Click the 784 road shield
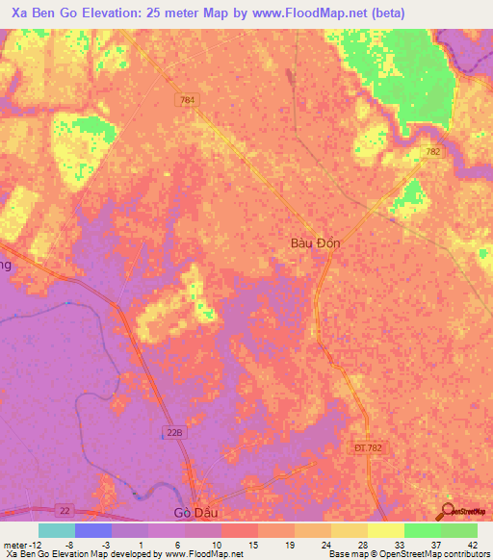[187, 100]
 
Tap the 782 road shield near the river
[432, 151]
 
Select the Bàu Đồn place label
[315, 243]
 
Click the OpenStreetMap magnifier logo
[447, 513]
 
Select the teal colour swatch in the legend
[57, 530]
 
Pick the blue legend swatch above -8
[93, 530]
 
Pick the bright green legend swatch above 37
[423, 530]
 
